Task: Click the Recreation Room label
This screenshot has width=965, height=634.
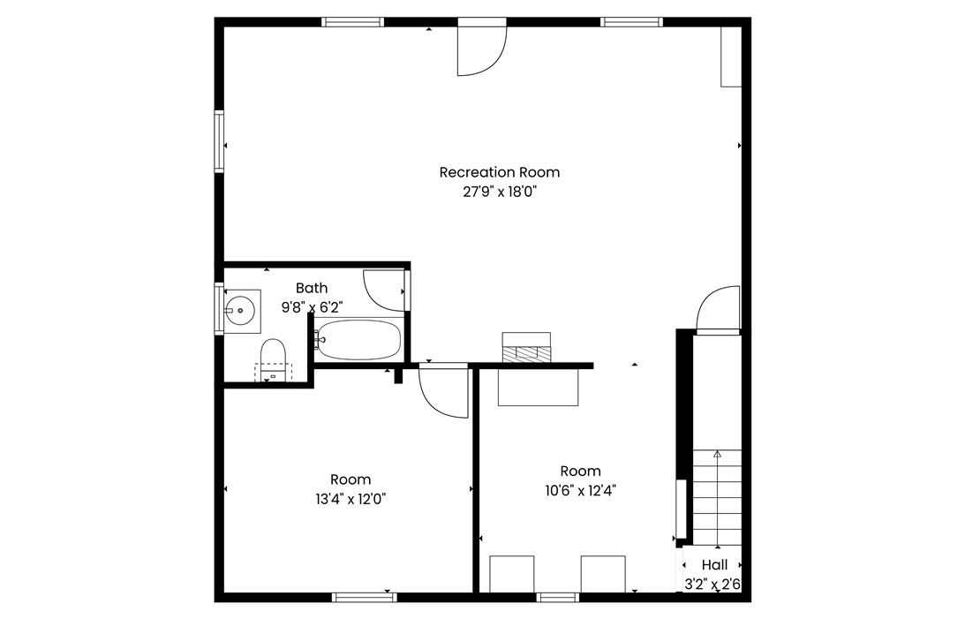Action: point(499,172)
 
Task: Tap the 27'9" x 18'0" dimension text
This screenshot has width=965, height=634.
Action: point(500,192)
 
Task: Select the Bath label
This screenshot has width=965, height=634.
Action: point(312,288)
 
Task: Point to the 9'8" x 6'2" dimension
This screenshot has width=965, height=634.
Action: point(312,306)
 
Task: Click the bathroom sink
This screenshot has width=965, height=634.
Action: point(238,311)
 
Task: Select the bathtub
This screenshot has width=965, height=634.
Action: point(358,339)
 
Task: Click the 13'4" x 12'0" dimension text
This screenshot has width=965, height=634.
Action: point(351,499)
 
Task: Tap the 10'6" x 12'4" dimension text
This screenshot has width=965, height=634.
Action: point(580,491)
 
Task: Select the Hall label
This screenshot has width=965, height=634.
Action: point(714,564)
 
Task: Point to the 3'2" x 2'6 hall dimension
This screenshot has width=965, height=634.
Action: point(712,585)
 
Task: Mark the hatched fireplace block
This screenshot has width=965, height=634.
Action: point(526,354)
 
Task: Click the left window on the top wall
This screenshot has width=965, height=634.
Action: point(352,22)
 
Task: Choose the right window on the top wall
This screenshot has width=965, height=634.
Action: point(631,22)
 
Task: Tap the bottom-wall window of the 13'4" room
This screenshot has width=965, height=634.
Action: point(365,597)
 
